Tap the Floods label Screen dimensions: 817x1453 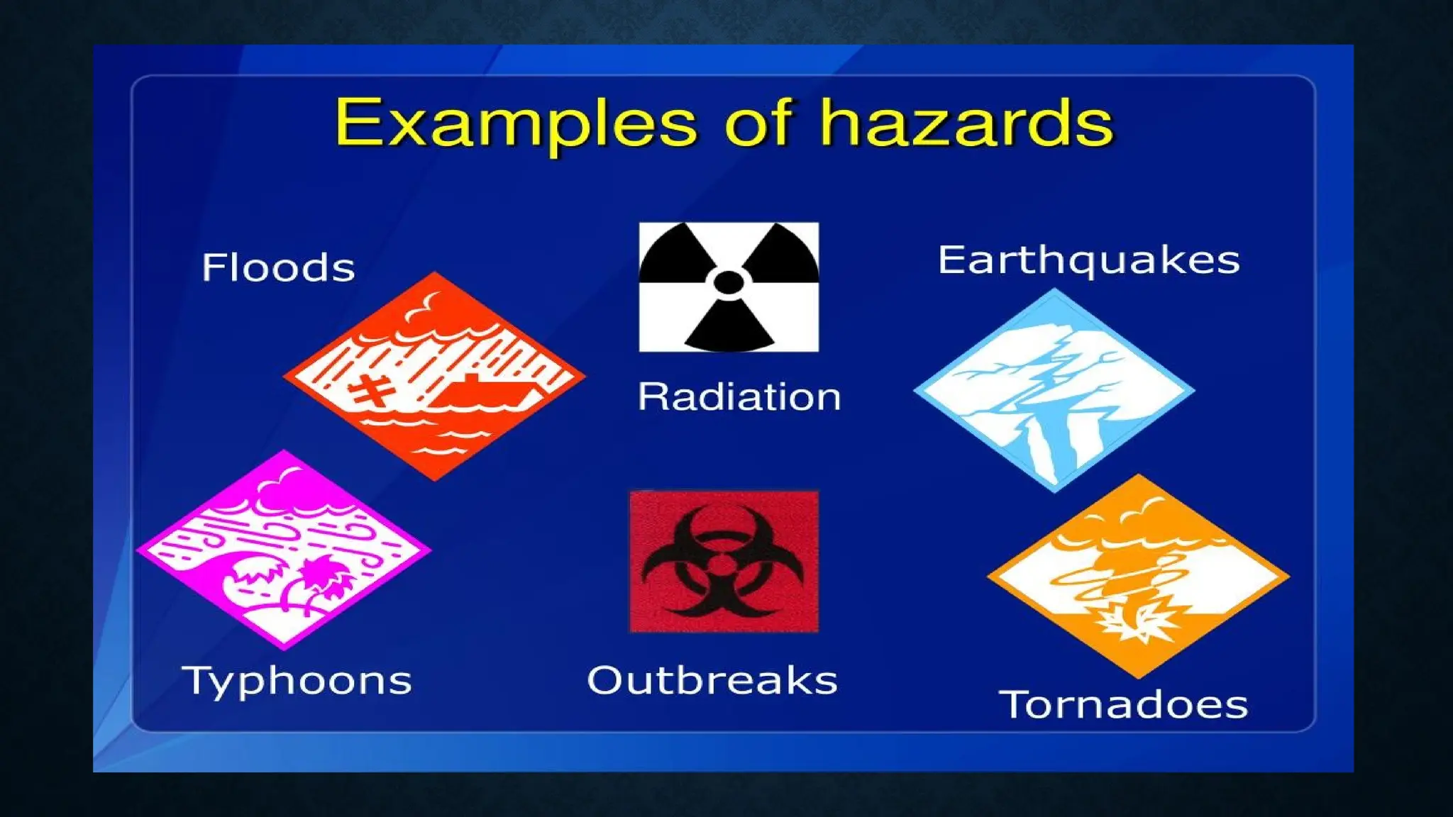pos(278,268)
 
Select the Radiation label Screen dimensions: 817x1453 pos(739,396)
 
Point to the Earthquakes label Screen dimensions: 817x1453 pos(1088,260)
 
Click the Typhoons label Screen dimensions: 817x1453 pos(297,682)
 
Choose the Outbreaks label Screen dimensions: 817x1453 pos(712,681)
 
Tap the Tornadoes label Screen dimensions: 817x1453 pos(1123,705)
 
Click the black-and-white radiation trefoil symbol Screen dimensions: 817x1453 pos(729,287)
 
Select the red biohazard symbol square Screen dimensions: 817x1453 pos(724,561)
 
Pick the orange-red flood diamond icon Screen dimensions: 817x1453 pos(434,376)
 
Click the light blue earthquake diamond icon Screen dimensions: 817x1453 pos(1054,390)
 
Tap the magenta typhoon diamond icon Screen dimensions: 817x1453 pos(284,550)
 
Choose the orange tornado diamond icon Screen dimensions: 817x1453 pos(1138,576)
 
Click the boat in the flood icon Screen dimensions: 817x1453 pos(482,394)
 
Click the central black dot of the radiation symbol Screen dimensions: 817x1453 pos(729,282)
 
